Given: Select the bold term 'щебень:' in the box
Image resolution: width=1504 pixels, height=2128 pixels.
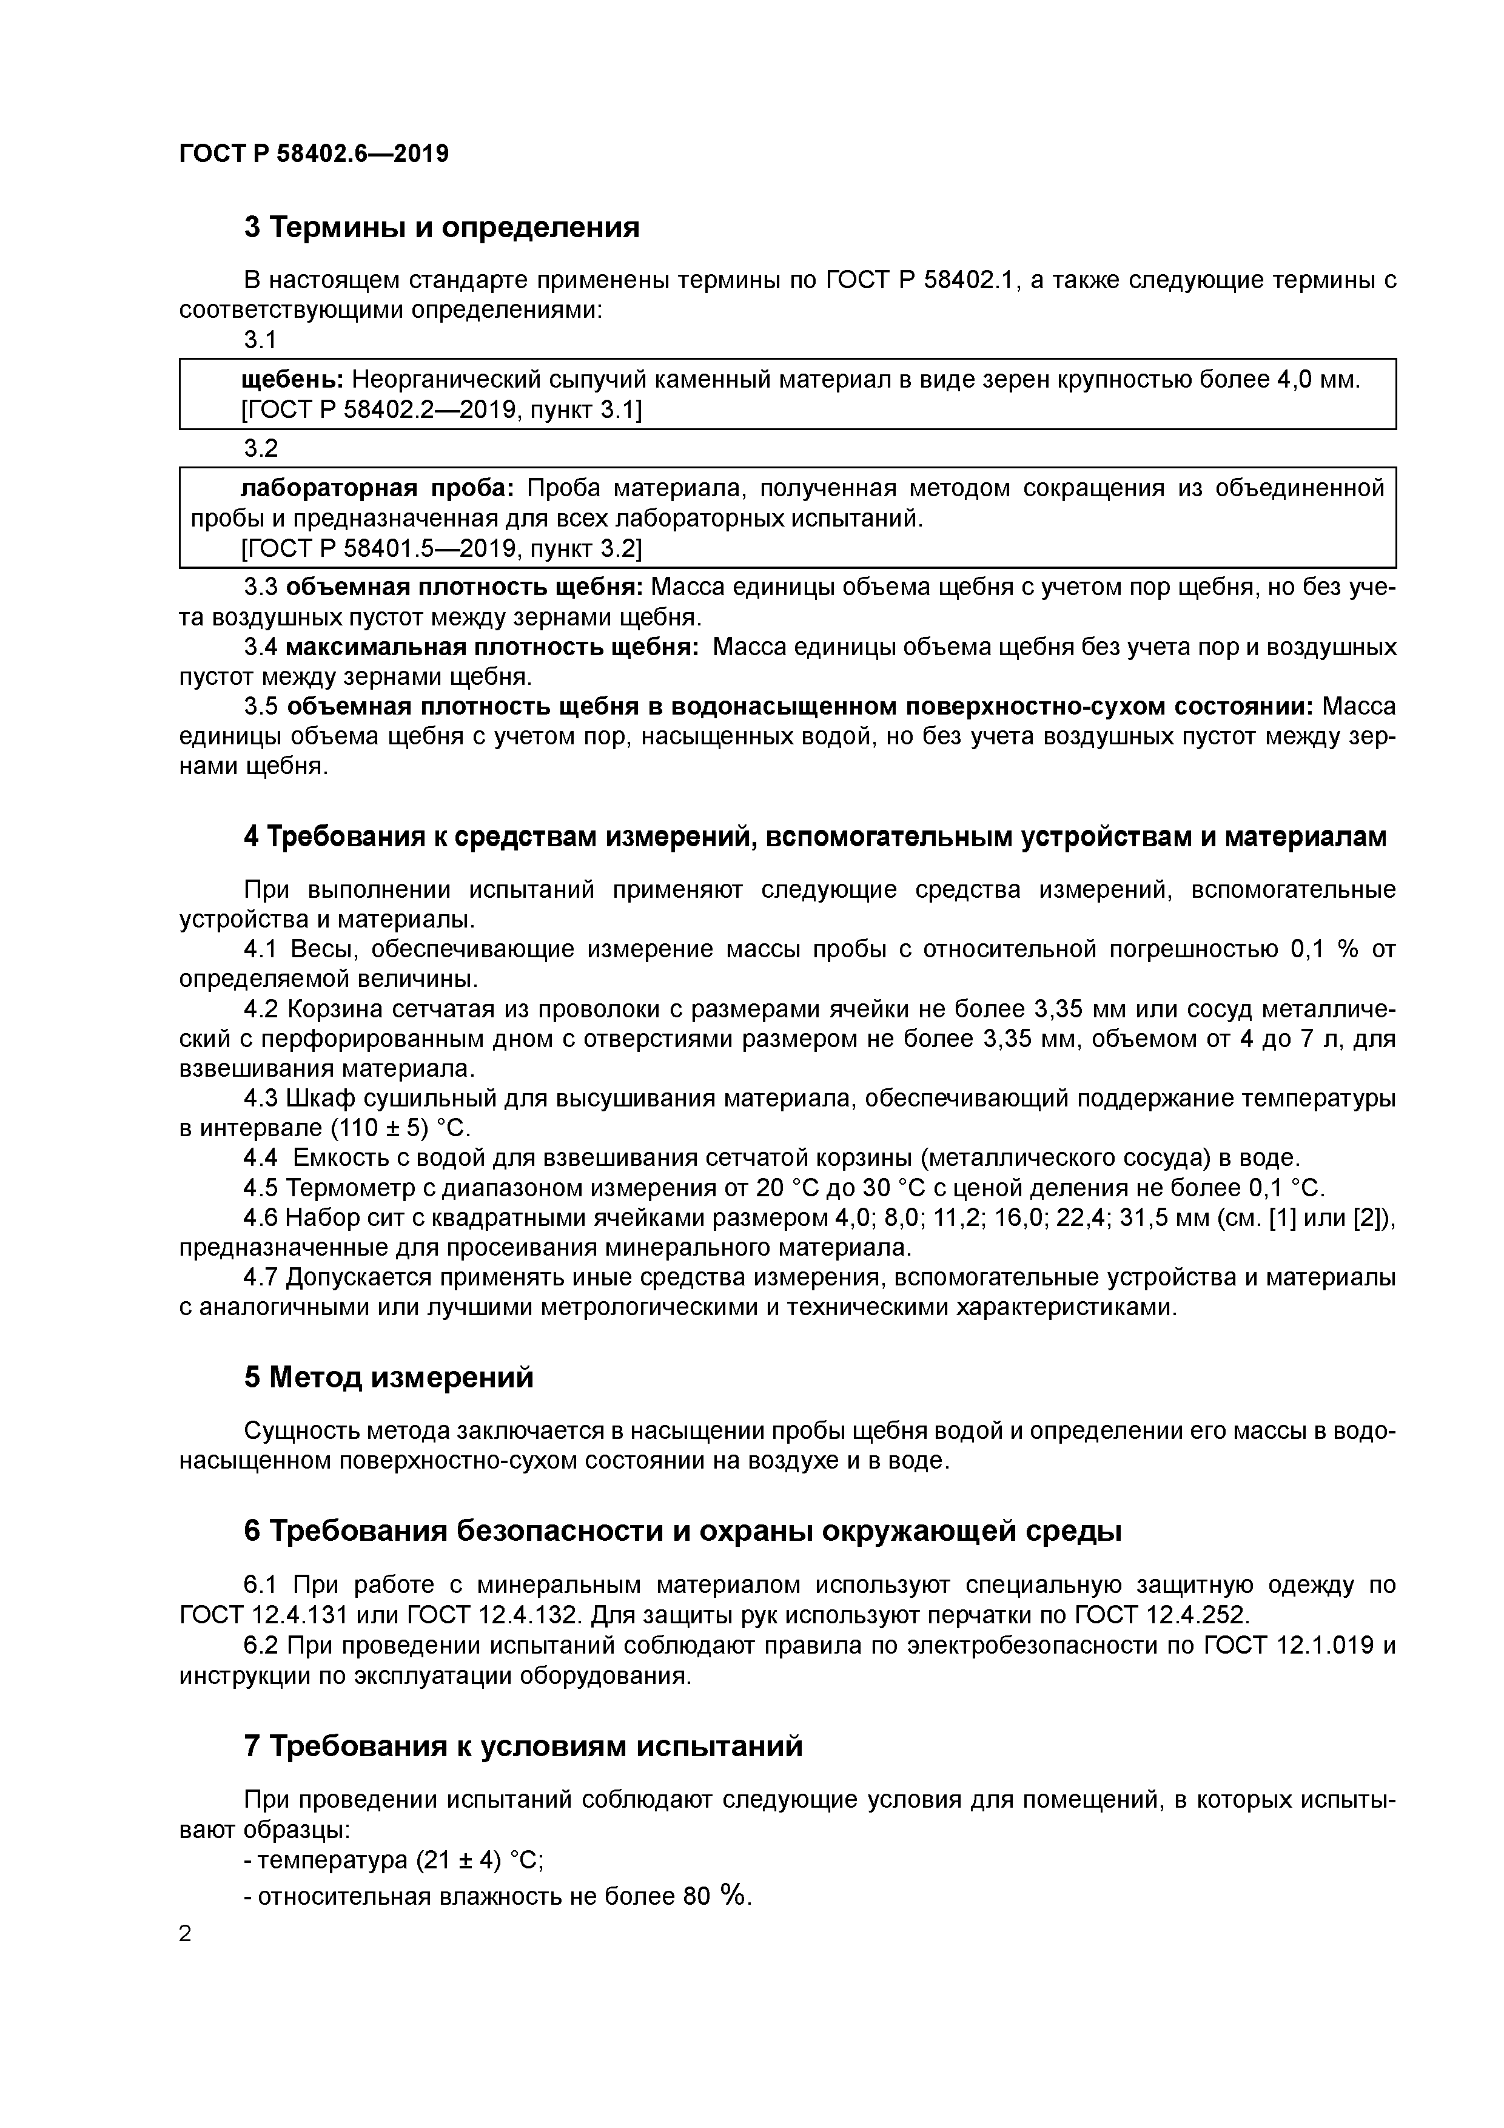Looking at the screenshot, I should coord(292,379).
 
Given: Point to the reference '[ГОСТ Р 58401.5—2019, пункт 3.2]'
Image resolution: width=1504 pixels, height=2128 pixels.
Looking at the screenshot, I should coord(441,549).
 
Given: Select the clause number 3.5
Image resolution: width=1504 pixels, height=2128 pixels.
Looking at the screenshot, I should coord(260,707).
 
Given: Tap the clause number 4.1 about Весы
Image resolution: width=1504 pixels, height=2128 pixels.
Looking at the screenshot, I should coord(260,949).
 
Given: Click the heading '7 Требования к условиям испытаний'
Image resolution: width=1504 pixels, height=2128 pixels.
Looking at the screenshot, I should coord(523,1747).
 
